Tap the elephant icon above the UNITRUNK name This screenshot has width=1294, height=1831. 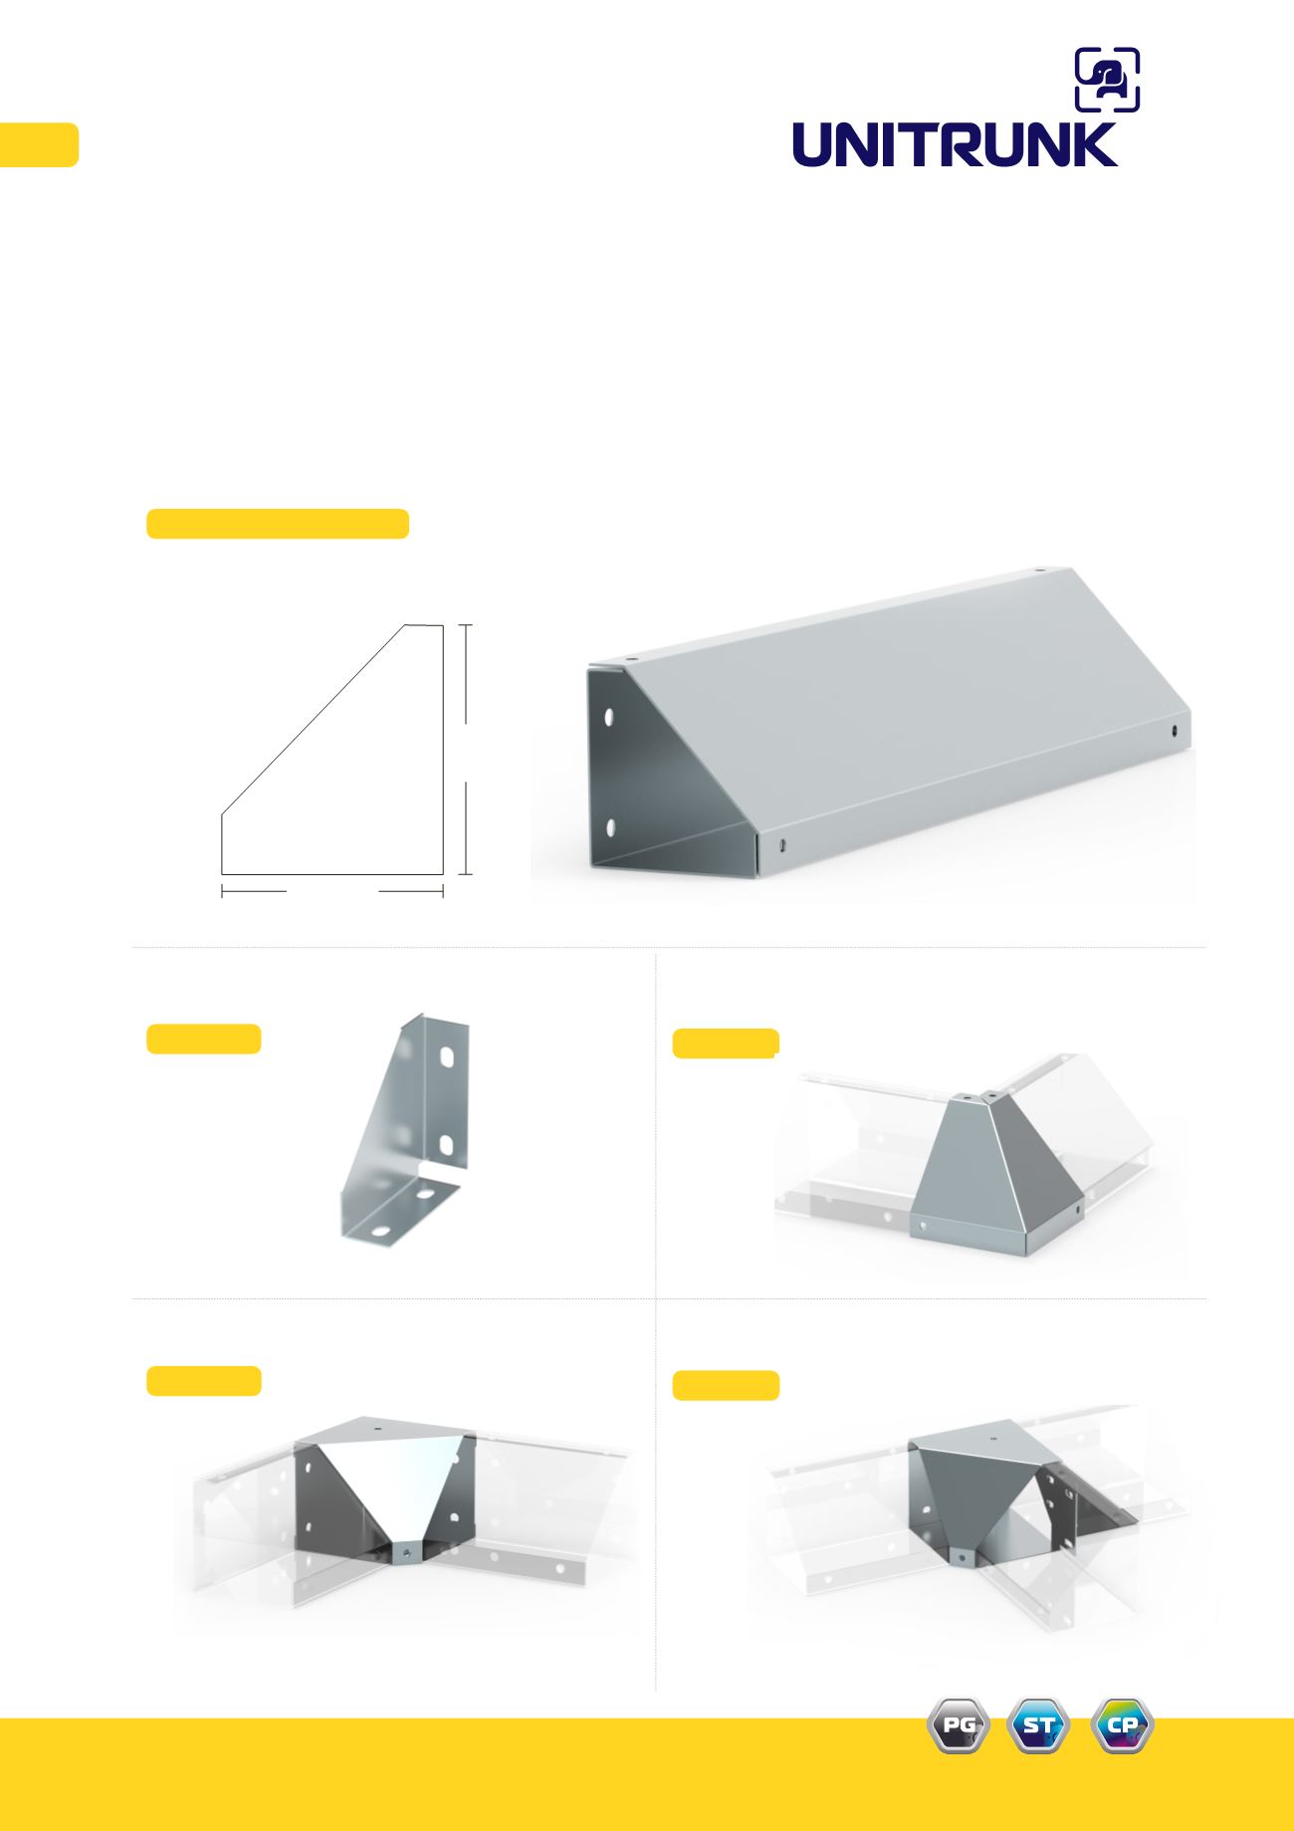[x=1107, y=80]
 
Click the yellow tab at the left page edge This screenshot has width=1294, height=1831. [x=39, y=144]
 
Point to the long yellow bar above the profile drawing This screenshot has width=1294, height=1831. [x=278, y=524]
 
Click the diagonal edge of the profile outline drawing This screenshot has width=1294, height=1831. [x=313, y=720]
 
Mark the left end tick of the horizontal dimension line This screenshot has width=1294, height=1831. [x=221, y=892]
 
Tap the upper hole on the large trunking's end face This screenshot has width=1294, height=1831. [x=609, y=716]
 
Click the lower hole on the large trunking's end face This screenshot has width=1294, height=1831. [x=609, y=827]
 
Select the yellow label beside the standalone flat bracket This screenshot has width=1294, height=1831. [x=204, y=1038]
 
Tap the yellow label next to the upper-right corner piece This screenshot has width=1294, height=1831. [x=726, y=1043]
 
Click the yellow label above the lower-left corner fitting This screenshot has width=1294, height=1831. [x=204, y=1381]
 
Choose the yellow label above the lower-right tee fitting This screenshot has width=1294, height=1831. [x=726, y=1385]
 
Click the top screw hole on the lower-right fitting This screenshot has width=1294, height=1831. [x=991, y=1439]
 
